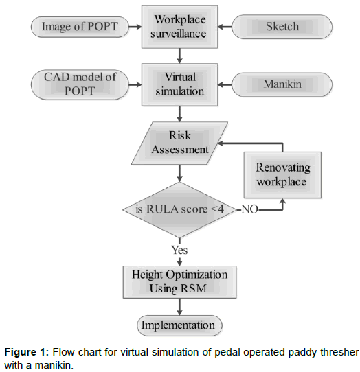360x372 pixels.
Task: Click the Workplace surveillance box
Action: click(x=179, y=27)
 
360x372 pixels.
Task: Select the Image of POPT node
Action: click(x=80, y=27)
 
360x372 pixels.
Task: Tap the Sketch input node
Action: click(x=282, y=27)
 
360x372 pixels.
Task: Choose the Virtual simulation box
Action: click(x=179, y=84)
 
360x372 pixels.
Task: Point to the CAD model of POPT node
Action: click(x=80, y=84)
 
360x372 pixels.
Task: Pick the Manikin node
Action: click(x=282, y=84)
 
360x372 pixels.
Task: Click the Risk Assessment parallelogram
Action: click(x=179, y=143)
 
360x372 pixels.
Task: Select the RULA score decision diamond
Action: click(x=179, y=210)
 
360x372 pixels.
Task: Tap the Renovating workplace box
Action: click(x=282, y=175)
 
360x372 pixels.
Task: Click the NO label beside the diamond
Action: click(x=249, y=209)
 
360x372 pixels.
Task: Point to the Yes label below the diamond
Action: click(x=179, y=250)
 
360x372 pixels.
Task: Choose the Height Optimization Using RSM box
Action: click(x=179, y=282)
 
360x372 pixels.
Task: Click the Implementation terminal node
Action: click(x=179, y=325)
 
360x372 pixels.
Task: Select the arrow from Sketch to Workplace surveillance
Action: click(x=225, y=27)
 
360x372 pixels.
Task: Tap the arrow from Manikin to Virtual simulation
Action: click(x=225, y=84)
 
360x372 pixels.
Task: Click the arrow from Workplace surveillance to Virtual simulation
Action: click(x=179, y=56)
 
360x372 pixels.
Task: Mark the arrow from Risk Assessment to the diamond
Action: click(x=179, y=173)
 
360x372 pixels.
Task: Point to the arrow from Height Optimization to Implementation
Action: click(x=179, y=307)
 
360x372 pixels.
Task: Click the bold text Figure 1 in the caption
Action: click(x=27, y=352)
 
